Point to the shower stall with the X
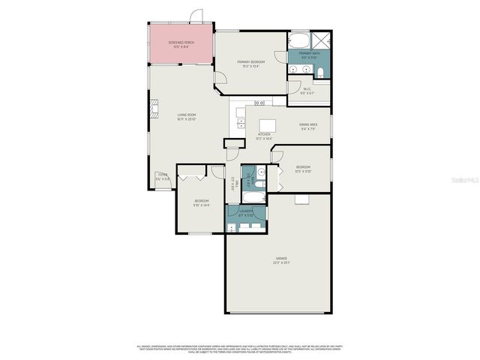coord(320,40)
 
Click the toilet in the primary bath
coord(320,73)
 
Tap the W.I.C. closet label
coord(307,91)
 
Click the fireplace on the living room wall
coord(154,111)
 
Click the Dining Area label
coord(309,126)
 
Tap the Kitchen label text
coord(263,136)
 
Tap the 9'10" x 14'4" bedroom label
coord(202,202)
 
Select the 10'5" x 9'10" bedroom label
coord(303,169)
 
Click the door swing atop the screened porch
coord(196,16)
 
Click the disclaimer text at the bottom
coord(240,349)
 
